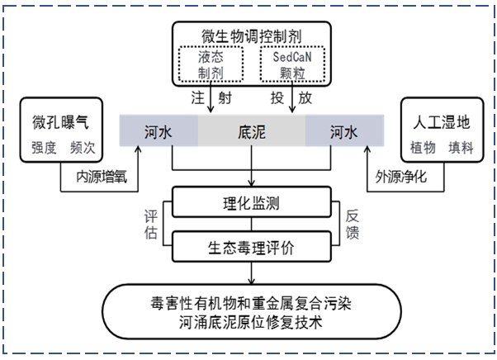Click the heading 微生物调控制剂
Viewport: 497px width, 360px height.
pos(253,36)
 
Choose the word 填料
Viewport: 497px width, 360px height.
pos(460,149)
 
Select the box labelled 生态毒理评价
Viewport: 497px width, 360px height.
pos(252,245)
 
